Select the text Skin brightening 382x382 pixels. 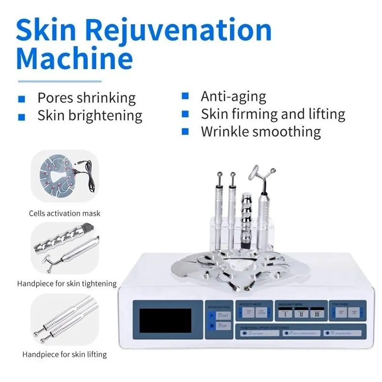[x=90, y=116]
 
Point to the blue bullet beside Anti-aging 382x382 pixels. [x=185, y=96]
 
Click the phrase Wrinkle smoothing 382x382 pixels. [x=261, y=131]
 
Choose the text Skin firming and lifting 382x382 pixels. [x=273, y=114]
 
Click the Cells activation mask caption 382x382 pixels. [x=64, y=213]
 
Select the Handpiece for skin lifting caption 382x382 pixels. [x=64, y=354]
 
